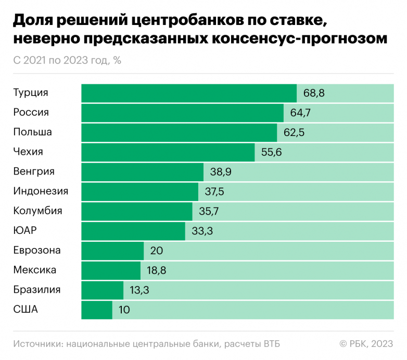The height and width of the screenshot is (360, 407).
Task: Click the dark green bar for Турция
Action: coord(189,93)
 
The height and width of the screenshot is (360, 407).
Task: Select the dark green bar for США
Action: coord(97,309)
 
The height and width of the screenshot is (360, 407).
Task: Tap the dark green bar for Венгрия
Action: coord(142,172)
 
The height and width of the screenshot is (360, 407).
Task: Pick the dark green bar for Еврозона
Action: coord(112,251)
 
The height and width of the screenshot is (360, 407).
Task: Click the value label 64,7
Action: coord(300,113)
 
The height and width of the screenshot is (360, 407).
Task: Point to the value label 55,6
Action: coord(272,152)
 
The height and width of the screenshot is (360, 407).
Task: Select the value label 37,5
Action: coord(214,192)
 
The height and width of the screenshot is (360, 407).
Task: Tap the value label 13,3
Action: coord(139,290)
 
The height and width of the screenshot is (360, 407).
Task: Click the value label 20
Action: coord(157,251)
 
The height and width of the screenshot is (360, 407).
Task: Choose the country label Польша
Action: coord(32,132)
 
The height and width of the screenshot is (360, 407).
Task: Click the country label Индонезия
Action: coord(41,191)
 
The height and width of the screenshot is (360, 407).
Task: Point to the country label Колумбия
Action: coord(37,211)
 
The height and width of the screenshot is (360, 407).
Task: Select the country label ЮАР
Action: coord(26,231)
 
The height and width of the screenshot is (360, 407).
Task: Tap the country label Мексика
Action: coord(35,270)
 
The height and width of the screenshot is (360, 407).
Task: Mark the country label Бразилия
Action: coord(37,290)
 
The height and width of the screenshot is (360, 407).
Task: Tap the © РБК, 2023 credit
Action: coord(366,343)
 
